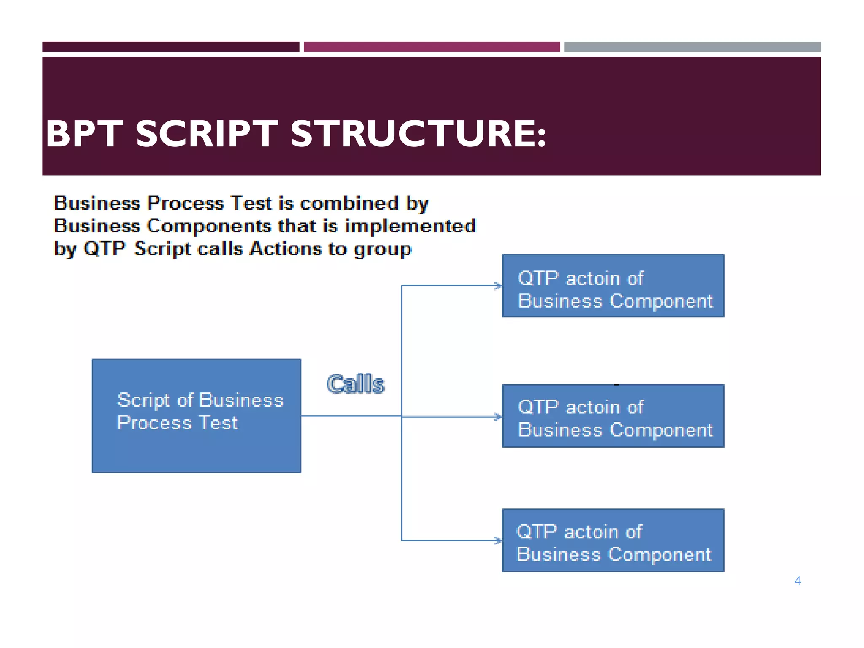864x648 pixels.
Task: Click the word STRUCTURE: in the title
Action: (418, 134)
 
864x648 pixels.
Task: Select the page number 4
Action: (797, 581)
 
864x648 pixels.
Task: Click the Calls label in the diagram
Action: (356, 384)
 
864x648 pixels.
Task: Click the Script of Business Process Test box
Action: (196, 416)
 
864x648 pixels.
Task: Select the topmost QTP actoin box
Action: (613, 286)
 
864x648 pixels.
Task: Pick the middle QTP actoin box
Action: (613, 416)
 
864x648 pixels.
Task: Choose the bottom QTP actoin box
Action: (613, 540)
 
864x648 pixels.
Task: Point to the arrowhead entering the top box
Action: (498, 286)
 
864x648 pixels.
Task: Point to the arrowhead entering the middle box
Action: (498, 417)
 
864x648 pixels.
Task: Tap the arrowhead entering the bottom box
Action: (498, 540)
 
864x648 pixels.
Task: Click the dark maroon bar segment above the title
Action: (170, 47)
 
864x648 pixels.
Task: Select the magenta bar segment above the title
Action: (432, 47)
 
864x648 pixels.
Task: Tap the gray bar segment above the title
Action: (692, 47)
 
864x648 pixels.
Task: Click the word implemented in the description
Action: (410, 226)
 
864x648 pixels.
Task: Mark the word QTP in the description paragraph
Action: (105, 248)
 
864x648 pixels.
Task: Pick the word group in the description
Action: (382, 250)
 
